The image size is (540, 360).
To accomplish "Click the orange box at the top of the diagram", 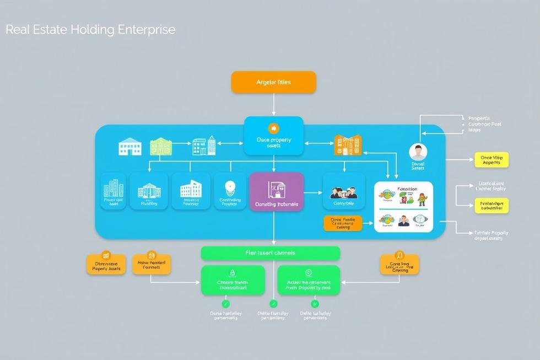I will [x=274, y=82].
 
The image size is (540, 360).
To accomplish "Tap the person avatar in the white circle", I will [x=418, y=152].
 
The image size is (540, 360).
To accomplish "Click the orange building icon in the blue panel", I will [x=348, y=146].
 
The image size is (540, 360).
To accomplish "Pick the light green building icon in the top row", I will [x=161, y=146].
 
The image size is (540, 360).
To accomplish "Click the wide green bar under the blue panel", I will [x=270, y=253].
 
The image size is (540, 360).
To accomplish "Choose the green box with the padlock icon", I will [x=233, y=280].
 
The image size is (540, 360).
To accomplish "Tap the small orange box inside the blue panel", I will [x=343, y=223].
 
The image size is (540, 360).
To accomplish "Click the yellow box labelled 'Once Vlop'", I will [x=491, y=160].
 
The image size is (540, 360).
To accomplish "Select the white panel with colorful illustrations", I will [x=404, y=206].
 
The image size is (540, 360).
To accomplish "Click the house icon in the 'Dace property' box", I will [x=273, y=127].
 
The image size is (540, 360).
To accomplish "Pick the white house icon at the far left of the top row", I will [x=130, y=147].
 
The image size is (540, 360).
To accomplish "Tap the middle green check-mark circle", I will [x=273, y=303].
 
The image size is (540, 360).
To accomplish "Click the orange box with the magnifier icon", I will [x=399, y=264].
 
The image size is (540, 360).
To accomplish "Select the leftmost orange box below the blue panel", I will [x=106, y=264].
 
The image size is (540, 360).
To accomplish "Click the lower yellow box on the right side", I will [x=491, y=206].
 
